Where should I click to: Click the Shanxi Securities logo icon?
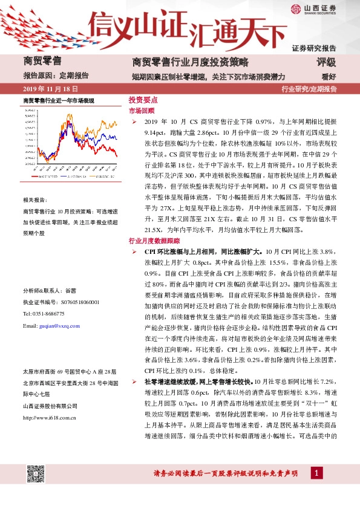click(x=295, y=8)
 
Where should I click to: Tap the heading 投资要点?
click(x=143, y=100)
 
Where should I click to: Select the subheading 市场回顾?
click(x=141, y=111)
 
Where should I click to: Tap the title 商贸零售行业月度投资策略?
click(x=191, y=62)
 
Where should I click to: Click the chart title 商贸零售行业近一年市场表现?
click(x=58, y=99)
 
